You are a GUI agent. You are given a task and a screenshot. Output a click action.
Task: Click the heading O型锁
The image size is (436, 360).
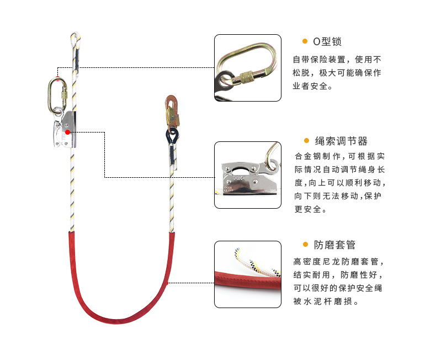point(331,42)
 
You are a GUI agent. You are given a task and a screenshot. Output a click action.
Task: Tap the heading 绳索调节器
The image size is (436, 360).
point(341,141)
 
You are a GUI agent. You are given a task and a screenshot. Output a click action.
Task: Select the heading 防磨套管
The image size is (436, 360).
point(334,245)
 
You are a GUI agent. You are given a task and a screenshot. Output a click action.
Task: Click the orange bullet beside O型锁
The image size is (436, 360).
point(305,41)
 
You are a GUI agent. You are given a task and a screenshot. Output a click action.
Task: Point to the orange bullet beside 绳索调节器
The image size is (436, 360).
point(305,141)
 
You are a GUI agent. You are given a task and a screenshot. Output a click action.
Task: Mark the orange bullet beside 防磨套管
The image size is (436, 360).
point(305,245)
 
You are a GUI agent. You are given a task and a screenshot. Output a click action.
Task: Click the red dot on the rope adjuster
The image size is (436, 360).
point(67,131)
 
